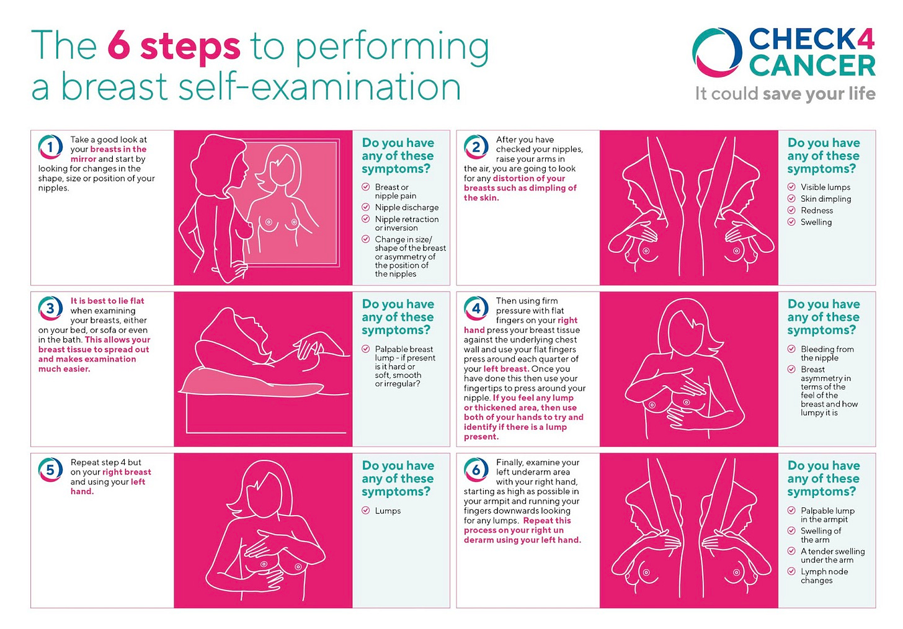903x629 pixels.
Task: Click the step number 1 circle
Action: [x=50, y=147]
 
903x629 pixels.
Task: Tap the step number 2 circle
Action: [x=476, y=147]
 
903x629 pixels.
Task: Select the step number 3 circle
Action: [x=50, y=308]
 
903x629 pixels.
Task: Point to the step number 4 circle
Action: [x=476, y=308]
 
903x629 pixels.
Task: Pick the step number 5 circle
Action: [x=50, y=470]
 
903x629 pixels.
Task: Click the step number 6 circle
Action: [x=476, y=470]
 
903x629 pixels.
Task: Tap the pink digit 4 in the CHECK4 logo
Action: [x=863, y=39]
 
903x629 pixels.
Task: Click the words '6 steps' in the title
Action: [x=174, y=47]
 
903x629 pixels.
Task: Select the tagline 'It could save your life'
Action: [x=785, y=94]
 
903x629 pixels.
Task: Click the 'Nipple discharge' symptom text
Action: [x=407, y=207]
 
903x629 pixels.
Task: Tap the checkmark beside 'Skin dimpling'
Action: [x=791, y=199]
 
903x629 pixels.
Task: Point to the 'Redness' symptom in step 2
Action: [x=817, y=210]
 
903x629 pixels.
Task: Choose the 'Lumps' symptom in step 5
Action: [x=388, y=511]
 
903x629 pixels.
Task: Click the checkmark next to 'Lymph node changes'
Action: [x=791, y=571]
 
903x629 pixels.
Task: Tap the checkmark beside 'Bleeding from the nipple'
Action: [x=791, y=349]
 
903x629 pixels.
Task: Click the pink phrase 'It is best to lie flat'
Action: [x=107, y=301]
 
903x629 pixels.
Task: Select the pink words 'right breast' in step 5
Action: [x=127, y=471]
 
